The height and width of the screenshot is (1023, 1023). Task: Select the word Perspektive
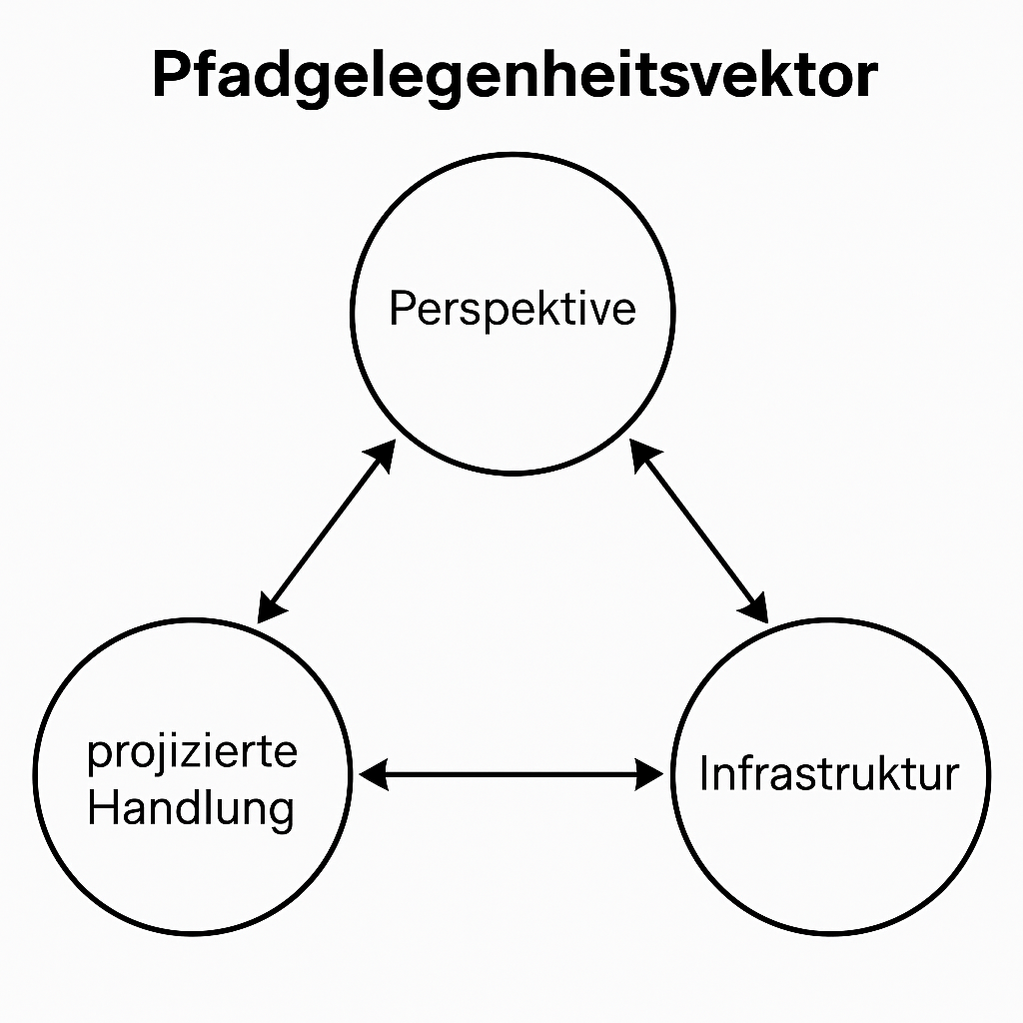511,309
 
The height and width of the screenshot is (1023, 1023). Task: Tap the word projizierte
192,751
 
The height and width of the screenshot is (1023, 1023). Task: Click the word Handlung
190,807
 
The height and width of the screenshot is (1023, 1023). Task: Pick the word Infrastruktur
828,774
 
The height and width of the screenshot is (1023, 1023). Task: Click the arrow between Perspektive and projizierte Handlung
327,531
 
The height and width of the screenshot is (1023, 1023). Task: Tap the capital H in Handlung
100,807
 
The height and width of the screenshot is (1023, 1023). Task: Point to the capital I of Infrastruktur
704,774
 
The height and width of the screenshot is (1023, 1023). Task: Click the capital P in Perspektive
400,309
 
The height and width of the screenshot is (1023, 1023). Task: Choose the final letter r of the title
865,80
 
